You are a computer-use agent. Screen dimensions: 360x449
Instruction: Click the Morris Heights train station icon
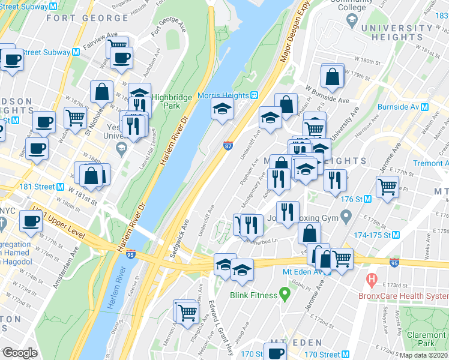[255, 95]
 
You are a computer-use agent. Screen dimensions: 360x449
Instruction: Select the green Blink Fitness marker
[285, 295]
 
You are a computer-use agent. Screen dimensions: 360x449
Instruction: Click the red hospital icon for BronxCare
[372, 279]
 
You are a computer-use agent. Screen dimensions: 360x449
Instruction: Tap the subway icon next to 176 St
[366, 199]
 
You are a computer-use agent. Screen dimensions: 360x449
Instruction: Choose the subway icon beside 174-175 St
[396, 235]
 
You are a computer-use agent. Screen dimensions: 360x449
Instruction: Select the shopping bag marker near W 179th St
[332, 77]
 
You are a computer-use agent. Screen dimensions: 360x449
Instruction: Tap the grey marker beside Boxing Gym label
[345, 216]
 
